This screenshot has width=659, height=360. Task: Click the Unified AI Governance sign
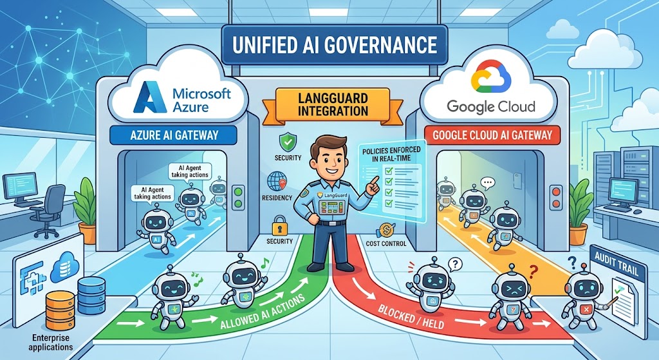(x=334, y=44)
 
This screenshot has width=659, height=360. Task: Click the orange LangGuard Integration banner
(x=333, y=105)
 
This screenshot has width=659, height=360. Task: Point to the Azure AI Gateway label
(x=174, y=135)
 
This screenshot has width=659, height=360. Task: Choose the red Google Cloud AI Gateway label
(x=492, y=135)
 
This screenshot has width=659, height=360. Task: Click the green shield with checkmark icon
(x=288, y=142)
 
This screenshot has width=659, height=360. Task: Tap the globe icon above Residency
(x=277, y=182)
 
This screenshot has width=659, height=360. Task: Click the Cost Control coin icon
(x=385, y=231)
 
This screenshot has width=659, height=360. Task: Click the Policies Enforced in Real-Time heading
(x=391, y=154)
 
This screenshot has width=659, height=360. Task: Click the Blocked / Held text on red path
(x=410, y=316)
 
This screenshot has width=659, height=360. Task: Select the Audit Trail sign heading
(x=617, y=263)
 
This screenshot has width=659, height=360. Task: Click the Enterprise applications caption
(x=50, y=343)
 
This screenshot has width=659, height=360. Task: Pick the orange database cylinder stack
(x=60, y=310)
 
